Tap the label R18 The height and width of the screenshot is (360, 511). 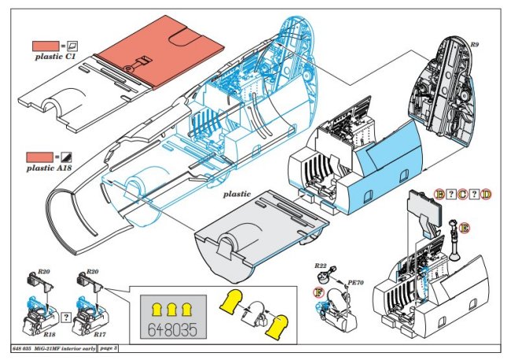(49, 312)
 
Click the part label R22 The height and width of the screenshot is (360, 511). (320, 266)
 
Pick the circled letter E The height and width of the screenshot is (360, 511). (465, 227)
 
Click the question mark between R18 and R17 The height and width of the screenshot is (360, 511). (66, 318)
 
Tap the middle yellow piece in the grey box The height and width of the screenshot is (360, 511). (171, 305)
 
